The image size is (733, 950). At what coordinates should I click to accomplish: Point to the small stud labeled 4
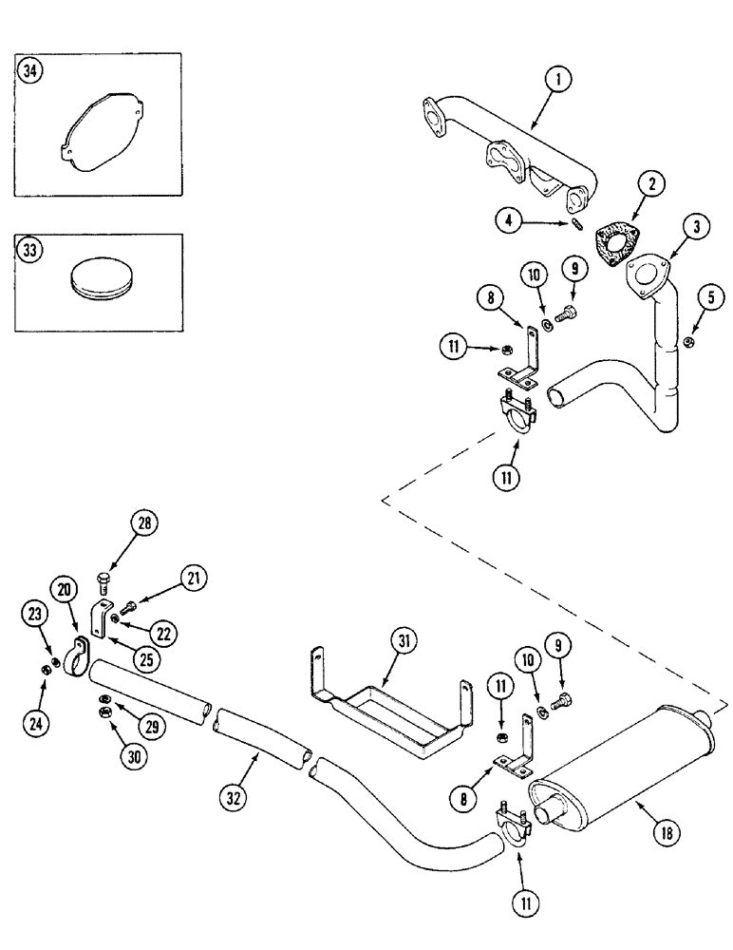[578, 225]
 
